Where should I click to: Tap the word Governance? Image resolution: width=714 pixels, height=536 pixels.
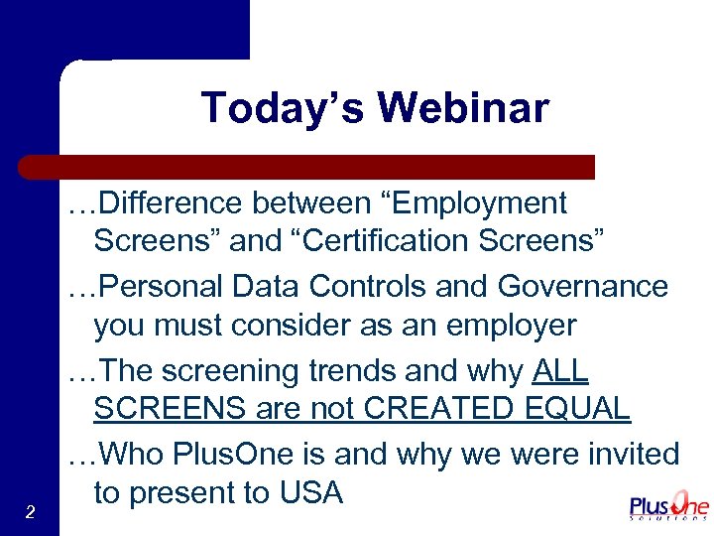click(x=583, y=286)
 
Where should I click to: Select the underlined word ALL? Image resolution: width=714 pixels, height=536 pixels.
click(x=560, y=371)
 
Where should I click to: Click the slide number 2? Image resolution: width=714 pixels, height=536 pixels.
click(x=31, y=512)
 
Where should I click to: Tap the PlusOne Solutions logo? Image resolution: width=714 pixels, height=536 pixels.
click(x=669, y=505)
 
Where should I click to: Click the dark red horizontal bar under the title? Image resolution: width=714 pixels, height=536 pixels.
click(x=306, y=166)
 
